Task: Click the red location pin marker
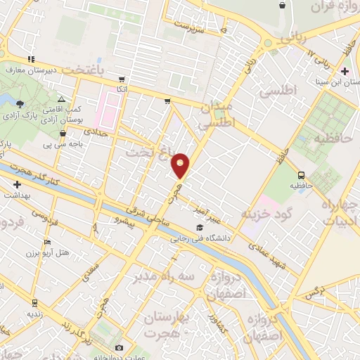181,165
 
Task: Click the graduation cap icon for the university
200,228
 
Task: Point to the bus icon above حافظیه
301,175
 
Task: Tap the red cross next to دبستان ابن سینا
345,72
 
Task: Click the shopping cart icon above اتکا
122,79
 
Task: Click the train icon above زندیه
34,302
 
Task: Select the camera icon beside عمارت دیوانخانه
118,348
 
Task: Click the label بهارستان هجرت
165,325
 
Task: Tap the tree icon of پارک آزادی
20,104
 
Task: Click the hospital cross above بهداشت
17,184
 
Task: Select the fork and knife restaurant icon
30,59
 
